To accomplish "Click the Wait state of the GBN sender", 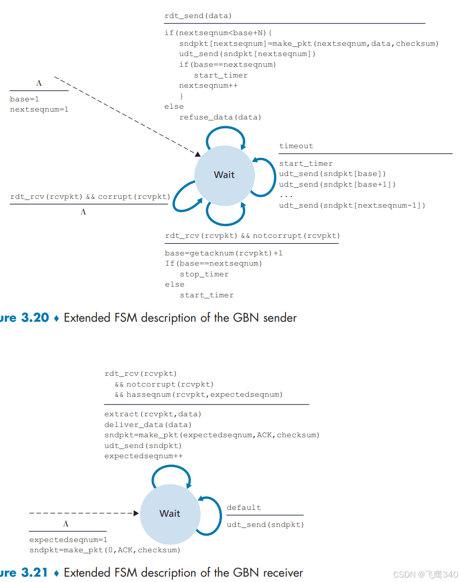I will (x=224, y=175).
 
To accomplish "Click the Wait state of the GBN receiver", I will (x=170, y=513).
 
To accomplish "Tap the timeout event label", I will (x=296, y=146).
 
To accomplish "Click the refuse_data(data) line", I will (x=220, y=117).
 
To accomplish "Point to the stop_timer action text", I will (x=204, y=274).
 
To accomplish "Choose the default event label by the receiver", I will (x=244, y=507).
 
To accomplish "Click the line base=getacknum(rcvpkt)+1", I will (x=224, y=253).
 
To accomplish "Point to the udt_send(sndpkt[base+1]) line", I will (x=337, y=184).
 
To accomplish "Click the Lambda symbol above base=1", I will (x=39, y=83).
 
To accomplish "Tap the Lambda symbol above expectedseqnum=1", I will (x=66, y=524).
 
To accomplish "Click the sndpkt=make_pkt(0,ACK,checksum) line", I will (x=104, y=550).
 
